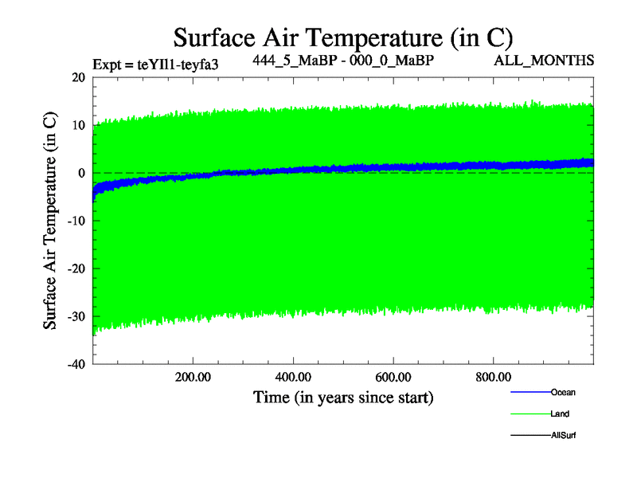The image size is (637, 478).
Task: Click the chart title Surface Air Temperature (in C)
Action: [x=342, y=37]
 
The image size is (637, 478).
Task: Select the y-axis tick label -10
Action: [x=76, y=221]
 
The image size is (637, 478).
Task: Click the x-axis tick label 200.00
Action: [x=193, y=378]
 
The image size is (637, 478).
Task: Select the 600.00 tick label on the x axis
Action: [x=393, y=378]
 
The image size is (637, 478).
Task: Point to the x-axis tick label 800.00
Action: [x=494, y=378]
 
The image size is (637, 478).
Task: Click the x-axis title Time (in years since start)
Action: [x=343, y=397]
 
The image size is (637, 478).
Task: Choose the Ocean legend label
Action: [x=562, y=392]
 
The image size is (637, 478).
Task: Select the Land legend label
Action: [x=560, y=413]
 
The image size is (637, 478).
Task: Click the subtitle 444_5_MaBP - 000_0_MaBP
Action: [x=343, y=61]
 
